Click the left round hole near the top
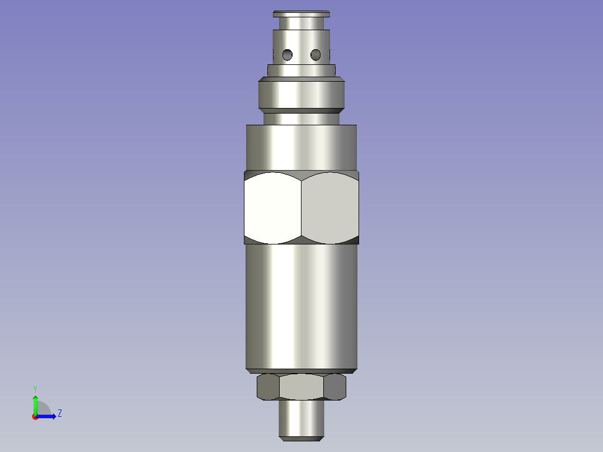click(288, 55)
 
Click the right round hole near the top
click(315, 55)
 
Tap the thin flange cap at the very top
click(301, 14)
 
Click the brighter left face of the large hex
click(272, 208)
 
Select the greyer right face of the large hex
click(330, 208)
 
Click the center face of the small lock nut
click(301, 387)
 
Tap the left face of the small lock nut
click(268, 387)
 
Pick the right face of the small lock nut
click(335, 387)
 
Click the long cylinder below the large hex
click(301, 307)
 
